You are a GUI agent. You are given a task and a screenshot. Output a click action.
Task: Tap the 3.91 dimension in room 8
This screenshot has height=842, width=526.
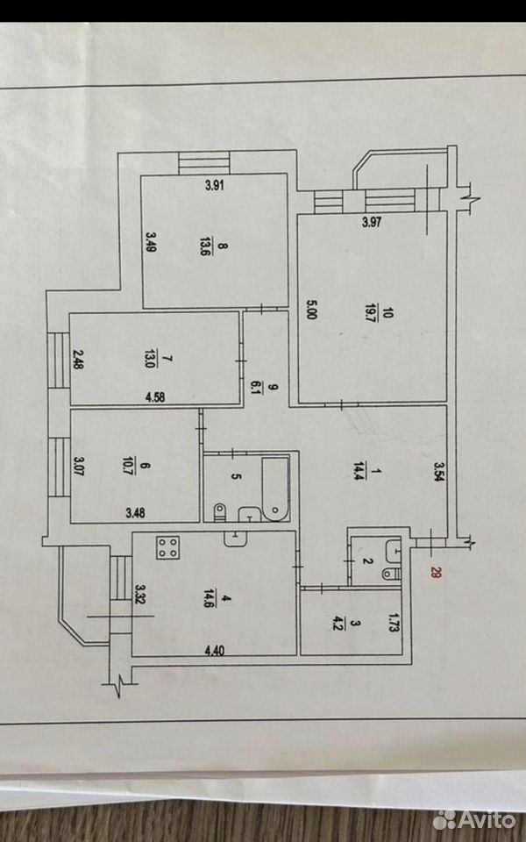[x=214, y=186]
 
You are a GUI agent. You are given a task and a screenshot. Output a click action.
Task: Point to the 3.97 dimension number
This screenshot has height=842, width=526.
[x=372, y=222]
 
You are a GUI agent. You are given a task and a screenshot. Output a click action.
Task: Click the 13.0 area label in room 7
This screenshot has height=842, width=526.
[x=149, y=358]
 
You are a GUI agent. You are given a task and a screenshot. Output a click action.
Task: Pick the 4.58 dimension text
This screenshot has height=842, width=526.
[x=154, y=397]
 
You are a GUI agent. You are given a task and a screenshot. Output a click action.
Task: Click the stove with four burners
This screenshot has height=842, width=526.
[x=168, y=547]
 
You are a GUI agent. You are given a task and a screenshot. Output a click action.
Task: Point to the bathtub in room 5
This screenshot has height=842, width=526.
[x=275, y=489]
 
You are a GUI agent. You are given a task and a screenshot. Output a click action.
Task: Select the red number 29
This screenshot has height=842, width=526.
[x=435, y=574]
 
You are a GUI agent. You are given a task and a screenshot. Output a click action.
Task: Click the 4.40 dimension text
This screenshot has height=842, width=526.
[x=214, y=651]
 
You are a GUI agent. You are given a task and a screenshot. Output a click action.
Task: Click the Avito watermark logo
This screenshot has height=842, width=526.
[x=474, y=820]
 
